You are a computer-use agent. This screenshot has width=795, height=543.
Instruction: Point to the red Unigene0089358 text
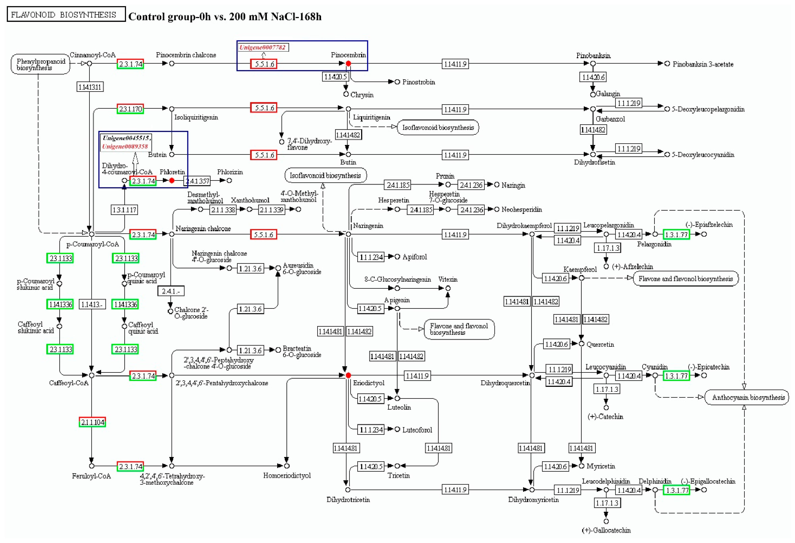(x=125, y=146)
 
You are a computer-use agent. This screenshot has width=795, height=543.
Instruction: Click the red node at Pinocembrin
(x=348, y=63)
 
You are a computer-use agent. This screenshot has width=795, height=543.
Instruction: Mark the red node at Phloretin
(x=172, y=180)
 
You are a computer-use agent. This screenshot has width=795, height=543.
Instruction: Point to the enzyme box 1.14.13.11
(x=90, y=87)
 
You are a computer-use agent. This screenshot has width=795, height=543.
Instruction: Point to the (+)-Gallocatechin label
(x=606, y=530)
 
